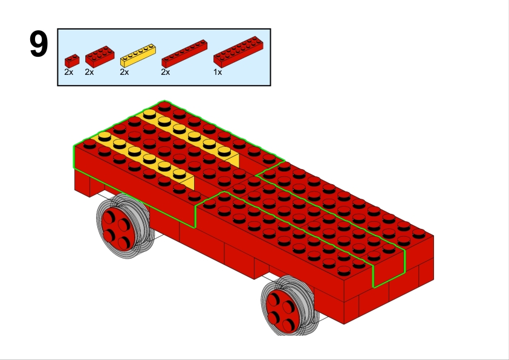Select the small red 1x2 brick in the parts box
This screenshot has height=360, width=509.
tap(72, 60)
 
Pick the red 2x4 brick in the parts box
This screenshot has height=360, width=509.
tap(100, 56)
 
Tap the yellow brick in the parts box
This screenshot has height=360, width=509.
tap(138, 56)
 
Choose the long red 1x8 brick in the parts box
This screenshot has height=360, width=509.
tap(184, 54)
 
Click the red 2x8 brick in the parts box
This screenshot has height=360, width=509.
tap(238, 52)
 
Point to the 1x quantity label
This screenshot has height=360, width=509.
tap(218, 72)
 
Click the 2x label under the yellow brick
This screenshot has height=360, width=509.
tap(125, 72)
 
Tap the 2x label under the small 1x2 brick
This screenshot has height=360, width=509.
tap(69, 72)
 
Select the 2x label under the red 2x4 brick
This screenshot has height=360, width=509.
tap(89, 72)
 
